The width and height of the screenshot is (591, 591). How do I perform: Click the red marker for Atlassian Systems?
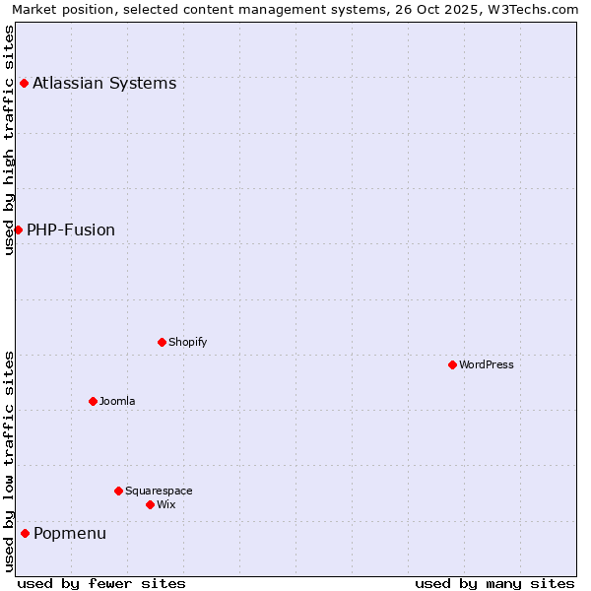point(24,83)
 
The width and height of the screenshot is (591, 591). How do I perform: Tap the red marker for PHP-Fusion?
point(18,230)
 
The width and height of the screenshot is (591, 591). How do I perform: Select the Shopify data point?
point(162,342)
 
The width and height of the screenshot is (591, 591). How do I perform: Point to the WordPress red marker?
point(452,364)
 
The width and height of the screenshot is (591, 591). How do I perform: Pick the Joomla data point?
point(93,401)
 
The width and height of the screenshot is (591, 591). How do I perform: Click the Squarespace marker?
point(118,491)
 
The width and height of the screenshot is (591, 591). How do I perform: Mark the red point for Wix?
point(150,504)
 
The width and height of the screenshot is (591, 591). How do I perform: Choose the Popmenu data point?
point(25,533)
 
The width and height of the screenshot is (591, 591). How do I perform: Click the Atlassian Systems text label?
point(104,83)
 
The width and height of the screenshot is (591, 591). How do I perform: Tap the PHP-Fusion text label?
point(71,230)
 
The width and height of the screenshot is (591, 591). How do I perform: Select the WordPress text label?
point(487,364)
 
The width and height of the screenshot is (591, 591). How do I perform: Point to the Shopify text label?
point(188,342)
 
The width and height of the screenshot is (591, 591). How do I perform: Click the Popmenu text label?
point(70,533)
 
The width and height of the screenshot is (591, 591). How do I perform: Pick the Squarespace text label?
point(159,491)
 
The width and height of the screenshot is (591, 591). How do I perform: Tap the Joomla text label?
point(117,401)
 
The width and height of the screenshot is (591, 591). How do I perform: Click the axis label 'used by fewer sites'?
point(101,583)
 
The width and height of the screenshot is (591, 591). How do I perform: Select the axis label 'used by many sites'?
point(494,583)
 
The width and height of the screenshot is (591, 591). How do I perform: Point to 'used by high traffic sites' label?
point(9,140)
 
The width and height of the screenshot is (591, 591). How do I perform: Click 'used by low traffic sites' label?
point(9,461)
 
